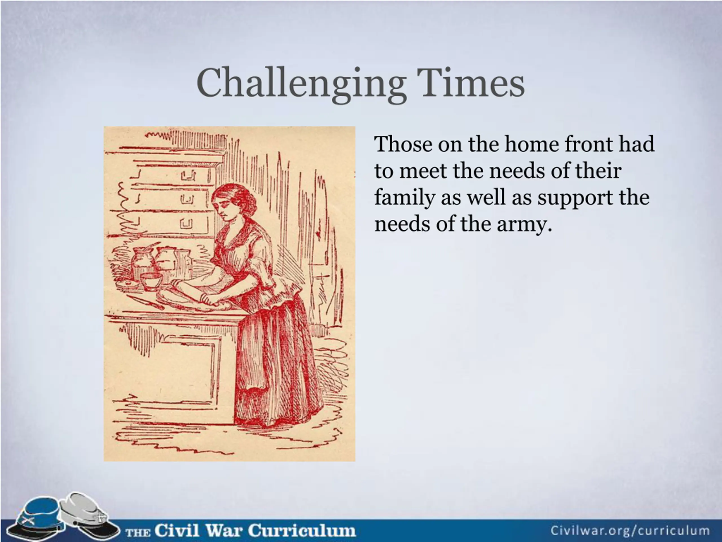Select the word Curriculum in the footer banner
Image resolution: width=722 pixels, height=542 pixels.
(302, 530)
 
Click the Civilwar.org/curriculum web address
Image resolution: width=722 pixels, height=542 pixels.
(630, 530)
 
